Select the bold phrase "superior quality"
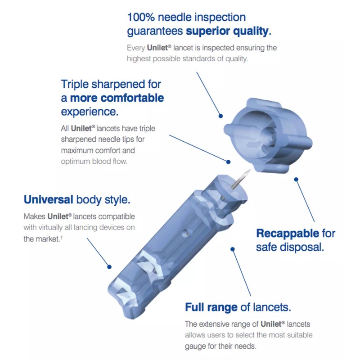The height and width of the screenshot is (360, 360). pos(227,31)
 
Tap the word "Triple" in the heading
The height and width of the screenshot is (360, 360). pos(76,84)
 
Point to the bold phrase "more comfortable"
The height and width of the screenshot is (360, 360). pos(117,98)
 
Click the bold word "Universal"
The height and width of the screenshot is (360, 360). pos(49,199)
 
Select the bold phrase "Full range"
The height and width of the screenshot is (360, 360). pos(211,308)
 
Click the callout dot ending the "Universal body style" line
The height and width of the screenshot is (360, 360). pos(109,266)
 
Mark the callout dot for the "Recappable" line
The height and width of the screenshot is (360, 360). pos(296,179)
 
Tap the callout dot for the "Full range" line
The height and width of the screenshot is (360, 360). pos(233,248)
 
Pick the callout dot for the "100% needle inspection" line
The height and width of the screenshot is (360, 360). pos(221,116)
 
